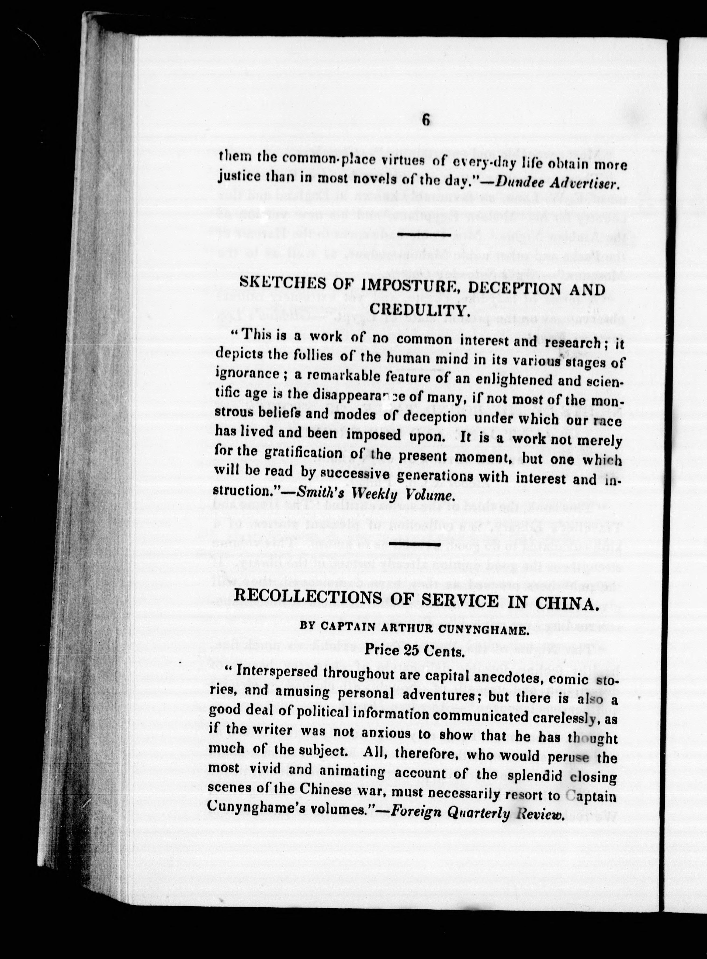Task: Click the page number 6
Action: pos(426,119)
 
